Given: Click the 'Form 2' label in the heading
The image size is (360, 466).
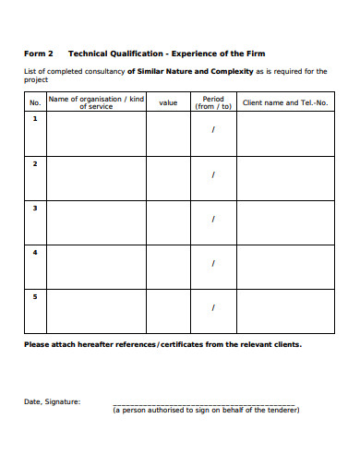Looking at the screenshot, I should point(38,54).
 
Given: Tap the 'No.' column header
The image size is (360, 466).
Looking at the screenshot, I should point(35,102).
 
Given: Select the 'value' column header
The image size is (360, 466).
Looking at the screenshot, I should point(168,102).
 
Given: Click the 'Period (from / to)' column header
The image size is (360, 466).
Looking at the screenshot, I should point(212,102).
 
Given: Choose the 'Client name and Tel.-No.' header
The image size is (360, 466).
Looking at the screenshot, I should point(285,102).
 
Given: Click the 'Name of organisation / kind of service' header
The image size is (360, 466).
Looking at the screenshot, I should point(96,102).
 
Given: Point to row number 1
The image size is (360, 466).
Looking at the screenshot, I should point(35,118).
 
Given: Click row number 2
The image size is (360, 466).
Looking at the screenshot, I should point(35,163).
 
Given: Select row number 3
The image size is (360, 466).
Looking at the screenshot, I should point(35,208).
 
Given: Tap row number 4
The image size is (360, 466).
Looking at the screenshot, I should point(35,252).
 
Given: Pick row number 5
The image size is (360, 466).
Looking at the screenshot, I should point(35,296).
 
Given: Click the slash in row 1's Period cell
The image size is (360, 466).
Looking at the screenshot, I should point(213,130).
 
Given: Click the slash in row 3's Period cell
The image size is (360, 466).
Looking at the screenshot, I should point(213,219).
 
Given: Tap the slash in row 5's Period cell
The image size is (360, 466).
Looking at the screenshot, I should point(213,307).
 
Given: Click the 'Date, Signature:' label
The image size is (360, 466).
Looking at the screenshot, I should point(52,401).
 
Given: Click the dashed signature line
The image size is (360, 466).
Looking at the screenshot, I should point(204,405).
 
